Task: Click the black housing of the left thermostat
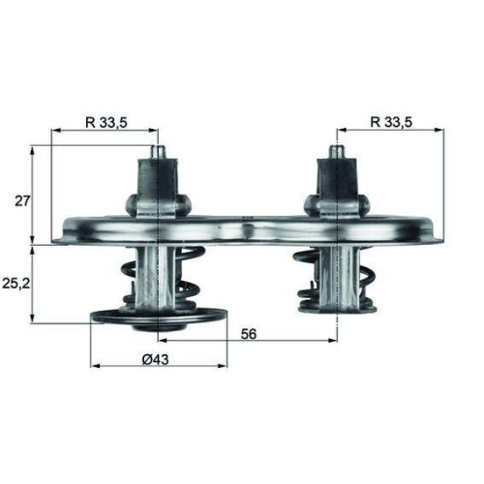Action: pyautogui.click(x=157, y=184)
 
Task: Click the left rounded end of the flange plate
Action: pyautogui.click(x=66, y=232)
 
